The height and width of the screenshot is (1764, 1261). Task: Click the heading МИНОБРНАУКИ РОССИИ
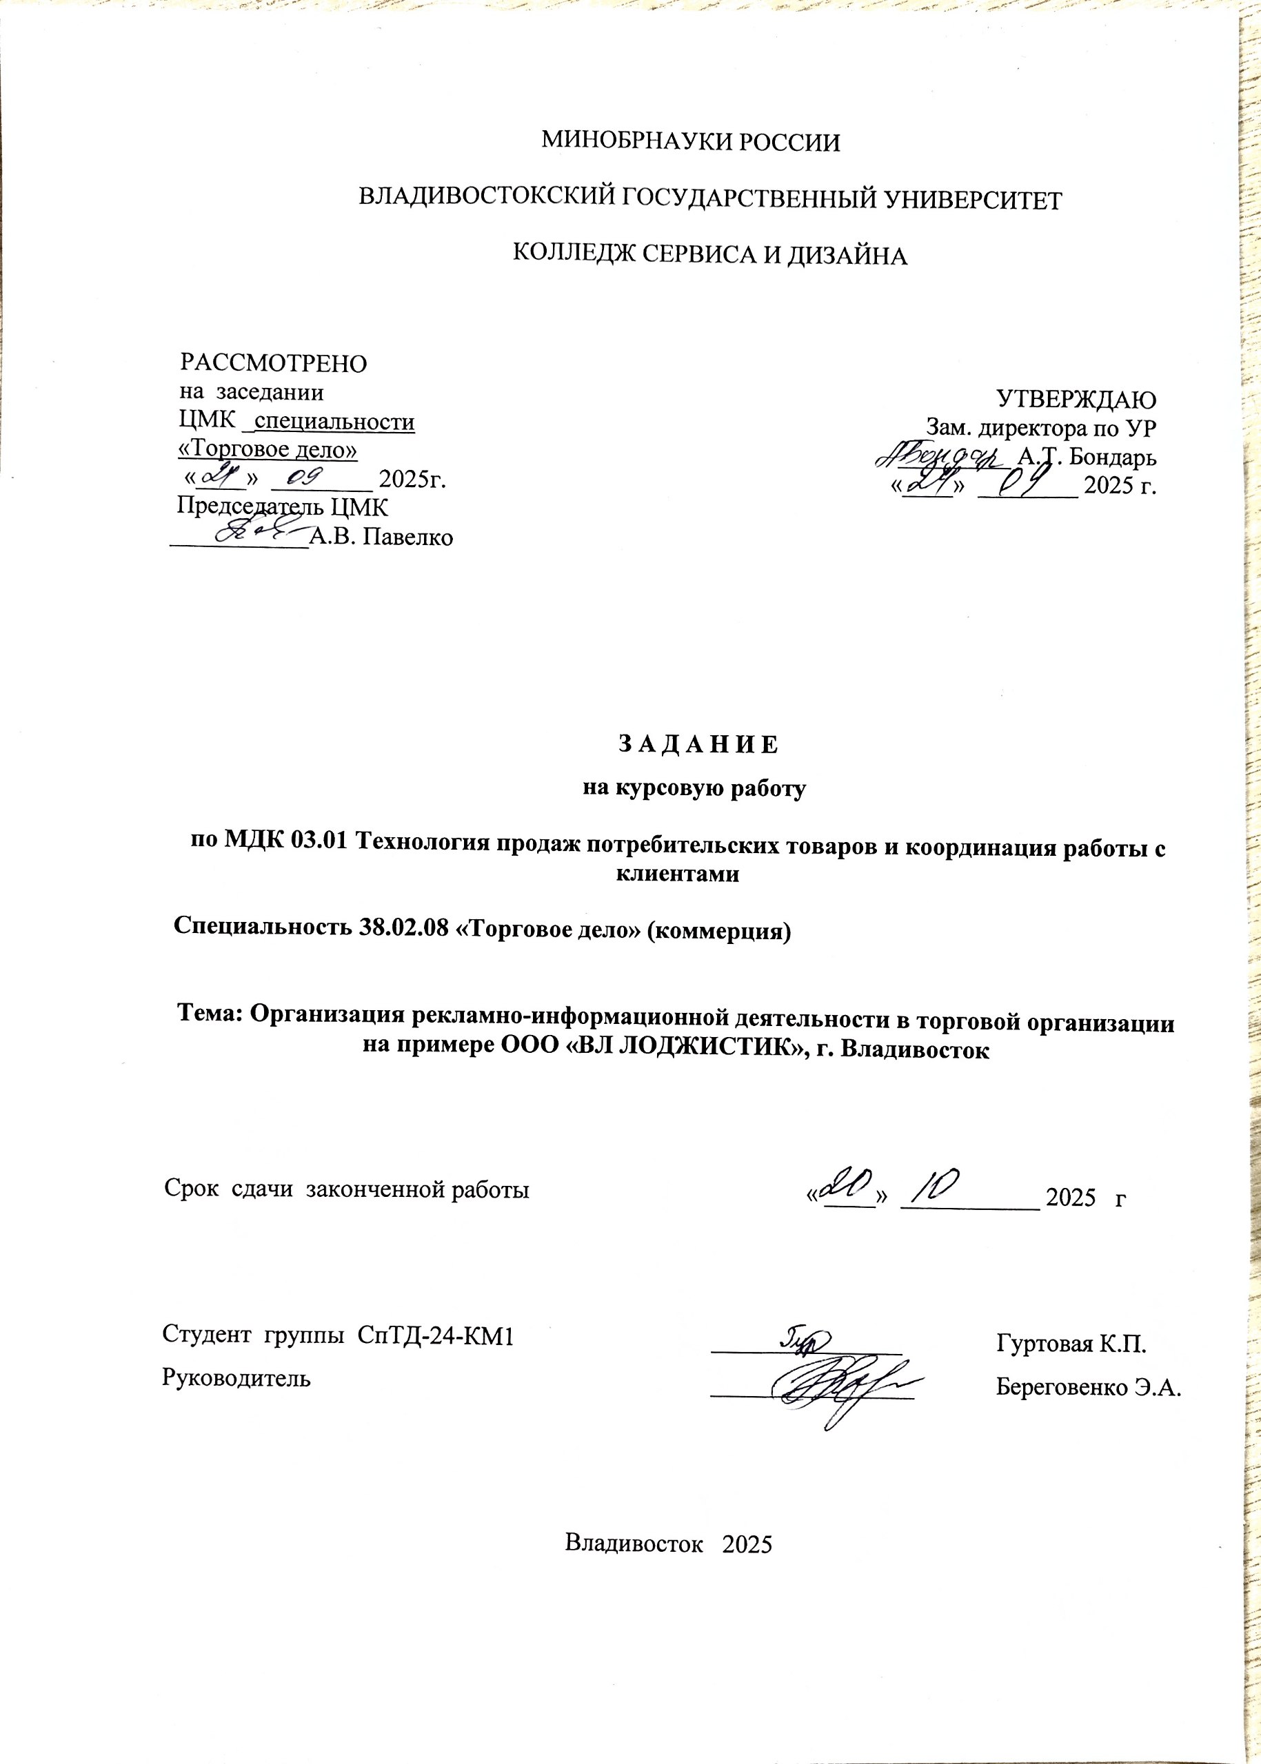[x=690, y=142]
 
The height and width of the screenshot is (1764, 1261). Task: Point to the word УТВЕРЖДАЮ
[x=1076, y=400]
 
